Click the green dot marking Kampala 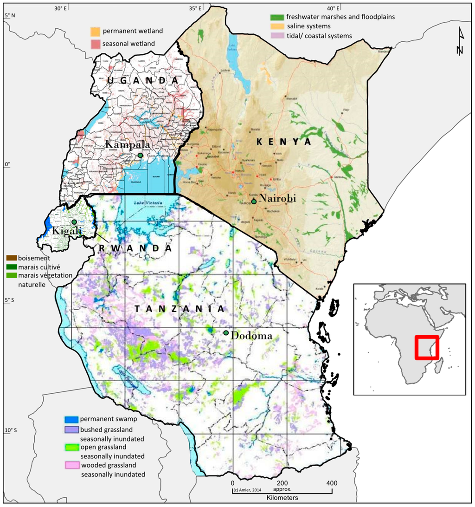[x=140, y=155]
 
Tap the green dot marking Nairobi [x=254, y=201]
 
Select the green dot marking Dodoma [x=226, y=333]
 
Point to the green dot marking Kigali [x=74, y=222]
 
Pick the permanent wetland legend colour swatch [x=95, y=32]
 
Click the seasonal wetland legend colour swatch [x=95, y=44]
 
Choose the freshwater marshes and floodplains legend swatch [x=277, y=17]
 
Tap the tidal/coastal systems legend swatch [x=277, y=36]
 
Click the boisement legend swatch [x=11, y=258]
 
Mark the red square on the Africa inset [x=427, y=347]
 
